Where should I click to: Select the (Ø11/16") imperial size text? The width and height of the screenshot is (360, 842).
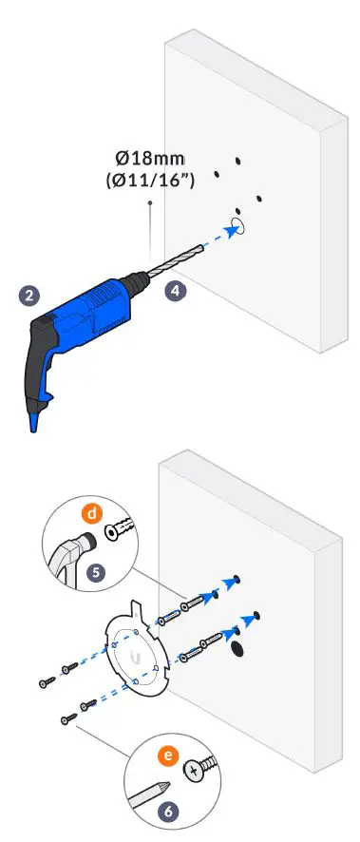pyautogui.click(x=149, y=179)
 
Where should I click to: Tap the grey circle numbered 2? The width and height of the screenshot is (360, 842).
pyautogui.click(x=31, y=296)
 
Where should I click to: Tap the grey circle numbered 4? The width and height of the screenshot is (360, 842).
pyautogui.click(x=175, y=292)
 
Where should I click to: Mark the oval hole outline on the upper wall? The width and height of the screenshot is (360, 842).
pyautogui.click(x=237, y=226)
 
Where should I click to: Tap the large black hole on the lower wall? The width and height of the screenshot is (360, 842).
pyautogui.click(x=237, y=647)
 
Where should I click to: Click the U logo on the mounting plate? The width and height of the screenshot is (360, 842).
pyautogui.click(x=136, y=657)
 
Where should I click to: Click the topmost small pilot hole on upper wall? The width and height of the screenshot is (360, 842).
pyautogui.click(x=238, y=162)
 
